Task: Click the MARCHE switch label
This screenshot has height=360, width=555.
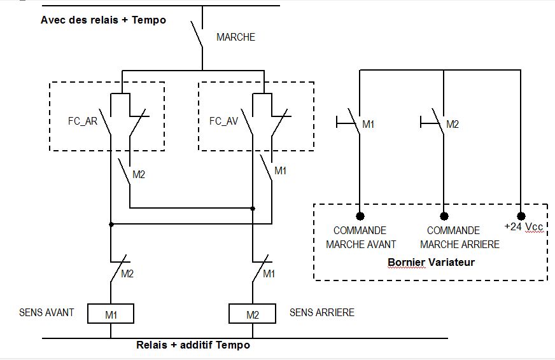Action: point(235,38)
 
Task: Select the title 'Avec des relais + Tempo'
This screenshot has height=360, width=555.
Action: point(103,20)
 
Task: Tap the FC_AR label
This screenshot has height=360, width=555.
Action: point(83,121)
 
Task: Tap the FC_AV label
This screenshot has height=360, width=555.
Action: point(223,121)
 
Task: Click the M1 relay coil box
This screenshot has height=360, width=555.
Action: point(111,314)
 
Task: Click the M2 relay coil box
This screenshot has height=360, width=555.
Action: point(252,314)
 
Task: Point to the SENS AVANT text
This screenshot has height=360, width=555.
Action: point(46,312)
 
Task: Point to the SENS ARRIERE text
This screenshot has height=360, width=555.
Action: point(322,312)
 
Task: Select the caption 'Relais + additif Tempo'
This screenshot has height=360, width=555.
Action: point(193,345)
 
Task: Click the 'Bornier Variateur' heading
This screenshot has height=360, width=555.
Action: point(431,261)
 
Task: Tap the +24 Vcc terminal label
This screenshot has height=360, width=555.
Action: point(524,226)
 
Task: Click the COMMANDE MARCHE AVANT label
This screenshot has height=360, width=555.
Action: point(361,237)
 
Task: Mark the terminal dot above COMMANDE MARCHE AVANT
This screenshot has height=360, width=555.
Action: point(360,216)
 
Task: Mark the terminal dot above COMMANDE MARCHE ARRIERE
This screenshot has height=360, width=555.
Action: point(444,216)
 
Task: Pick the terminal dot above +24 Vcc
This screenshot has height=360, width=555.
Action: point(521,216)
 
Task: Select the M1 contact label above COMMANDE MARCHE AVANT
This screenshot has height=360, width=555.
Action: point(369,125)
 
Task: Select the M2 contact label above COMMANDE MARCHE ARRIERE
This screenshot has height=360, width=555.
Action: point(453,125)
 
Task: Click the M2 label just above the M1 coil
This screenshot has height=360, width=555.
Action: point(127,274)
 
